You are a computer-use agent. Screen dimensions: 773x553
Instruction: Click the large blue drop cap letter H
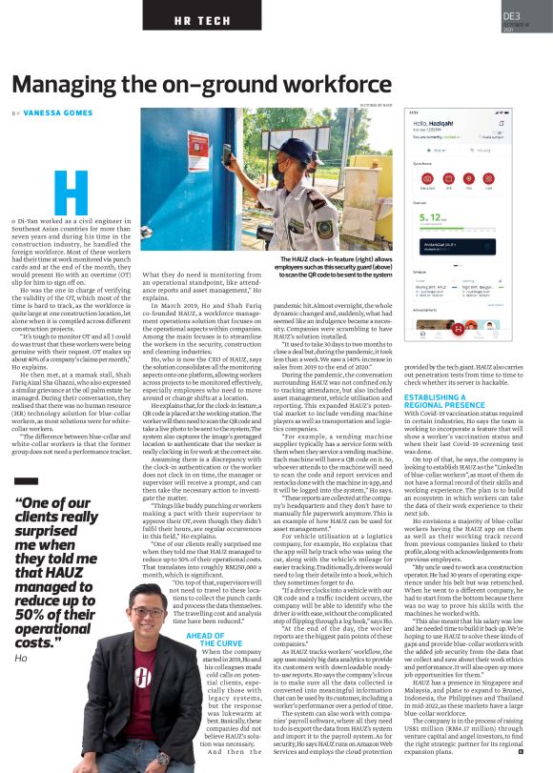[71, 193]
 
